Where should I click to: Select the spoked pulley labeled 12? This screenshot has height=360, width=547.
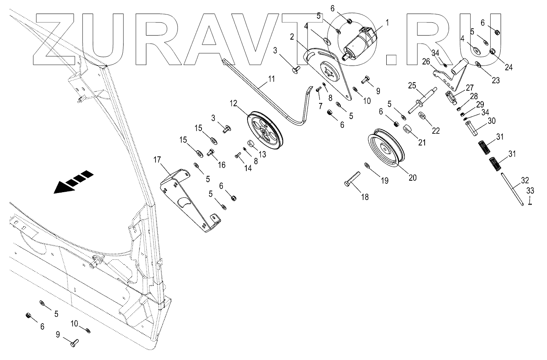click(265, 130)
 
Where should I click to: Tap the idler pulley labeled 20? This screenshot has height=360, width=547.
click(386, 149)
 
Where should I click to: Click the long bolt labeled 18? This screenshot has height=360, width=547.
click(352, 179)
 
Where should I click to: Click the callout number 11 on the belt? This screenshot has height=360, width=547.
click(272, 79)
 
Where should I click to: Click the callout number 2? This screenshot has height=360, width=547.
click(292, 37)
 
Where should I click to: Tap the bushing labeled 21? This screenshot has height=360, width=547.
click(407, 130)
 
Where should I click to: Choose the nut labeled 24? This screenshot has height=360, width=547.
click(493, 51)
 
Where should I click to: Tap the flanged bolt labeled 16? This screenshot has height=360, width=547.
click(210, 152)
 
